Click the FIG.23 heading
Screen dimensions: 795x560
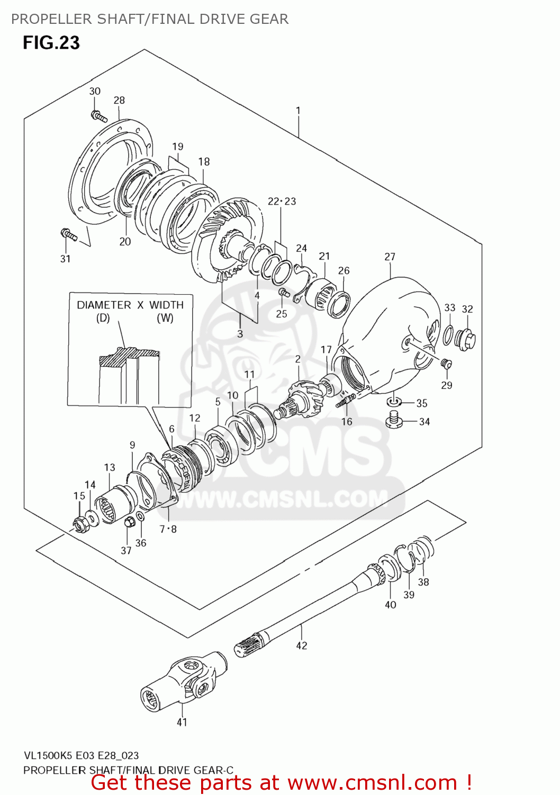51,42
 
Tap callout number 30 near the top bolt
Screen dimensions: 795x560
95,91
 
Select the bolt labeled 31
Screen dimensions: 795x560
69,234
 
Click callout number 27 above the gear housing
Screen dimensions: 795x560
390,257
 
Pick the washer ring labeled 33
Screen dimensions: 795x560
448,335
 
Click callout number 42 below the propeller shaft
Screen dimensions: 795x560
301,646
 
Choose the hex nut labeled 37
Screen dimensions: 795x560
129,522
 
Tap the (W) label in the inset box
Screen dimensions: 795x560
165,318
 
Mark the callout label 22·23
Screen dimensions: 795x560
282,201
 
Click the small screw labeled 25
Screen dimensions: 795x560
283,291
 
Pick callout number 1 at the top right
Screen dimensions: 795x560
298,111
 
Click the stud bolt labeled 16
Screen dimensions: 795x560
344,402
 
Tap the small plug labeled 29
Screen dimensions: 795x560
446,363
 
